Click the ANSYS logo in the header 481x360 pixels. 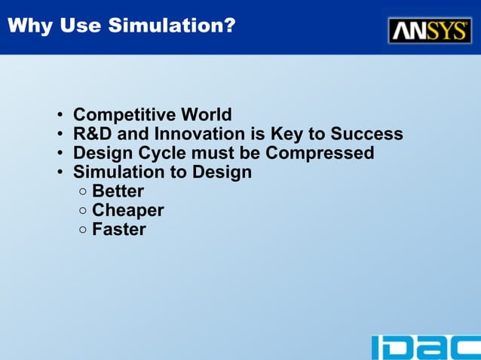click(x=430, y=30)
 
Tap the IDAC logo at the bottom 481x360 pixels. click(x=425, y=347)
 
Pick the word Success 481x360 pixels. click(x=366, y=135)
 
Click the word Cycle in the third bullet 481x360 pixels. click(x=161, y=154)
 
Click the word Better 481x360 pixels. click(x=118, y=191)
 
